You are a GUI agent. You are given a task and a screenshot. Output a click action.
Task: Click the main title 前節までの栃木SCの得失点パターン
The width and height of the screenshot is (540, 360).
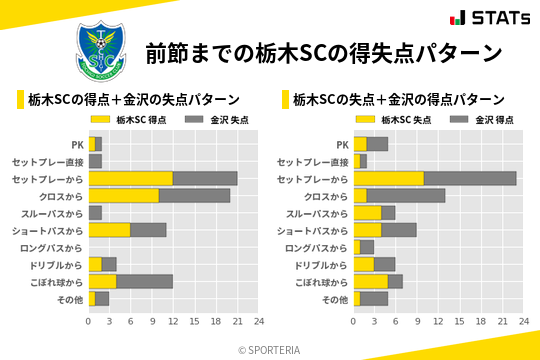click(322, 53)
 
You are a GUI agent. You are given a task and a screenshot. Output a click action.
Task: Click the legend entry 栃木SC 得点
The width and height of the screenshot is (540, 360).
click(130, 119)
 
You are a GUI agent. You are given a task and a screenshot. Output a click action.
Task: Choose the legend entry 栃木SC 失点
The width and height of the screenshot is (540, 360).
click(396, 119)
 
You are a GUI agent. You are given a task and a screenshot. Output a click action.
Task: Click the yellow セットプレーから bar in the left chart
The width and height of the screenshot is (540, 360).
click(130, 178)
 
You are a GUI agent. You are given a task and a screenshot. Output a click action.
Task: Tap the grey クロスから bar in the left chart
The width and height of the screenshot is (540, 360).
click(194, 195)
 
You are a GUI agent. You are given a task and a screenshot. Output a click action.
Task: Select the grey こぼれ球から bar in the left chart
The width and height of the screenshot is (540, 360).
click(144, 281)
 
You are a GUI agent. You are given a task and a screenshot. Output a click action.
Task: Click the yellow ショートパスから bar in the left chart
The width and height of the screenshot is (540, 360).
click(109, 229)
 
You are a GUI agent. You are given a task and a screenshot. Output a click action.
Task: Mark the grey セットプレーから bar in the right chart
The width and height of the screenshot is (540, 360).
click(470, 178)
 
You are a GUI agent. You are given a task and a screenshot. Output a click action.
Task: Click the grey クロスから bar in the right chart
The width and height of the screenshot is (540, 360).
click(406, 195)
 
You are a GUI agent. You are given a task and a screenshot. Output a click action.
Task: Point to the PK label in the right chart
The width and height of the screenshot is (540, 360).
click(343, 144)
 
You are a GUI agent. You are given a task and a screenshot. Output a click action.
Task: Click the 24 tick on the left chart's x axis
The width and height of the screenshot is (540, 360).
click(258, 322)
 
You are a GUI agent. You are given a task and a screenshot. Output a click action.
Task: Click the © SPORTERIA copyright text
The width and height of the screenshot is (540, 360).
click(270, 349)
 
